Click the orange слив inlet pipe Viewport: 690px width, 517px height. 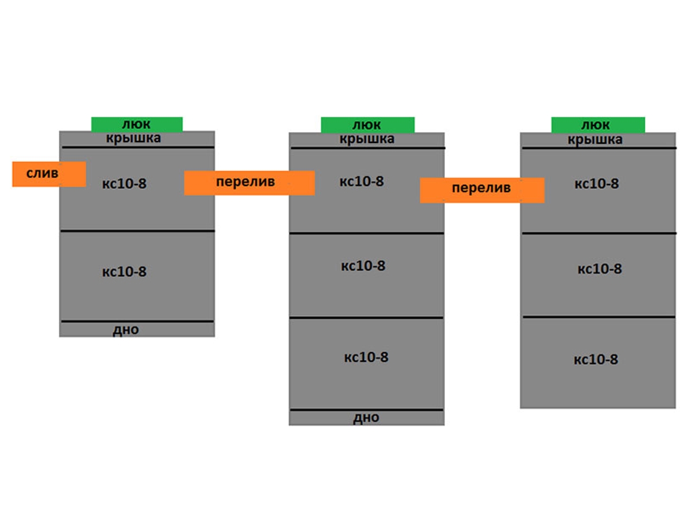[49, 173]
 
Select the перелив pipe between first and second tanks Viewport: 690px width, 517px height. [249, 183]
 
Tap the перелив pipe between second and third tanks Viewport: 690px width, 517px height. [482, 190]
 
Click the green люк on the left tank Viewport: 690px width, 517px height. [137, 124]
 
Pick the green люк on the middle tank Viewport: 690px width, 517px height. [367, 125]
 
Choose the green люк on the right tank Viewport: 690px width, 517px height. [597, 125]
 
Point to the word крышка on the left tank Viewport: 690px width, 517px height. [133, 138]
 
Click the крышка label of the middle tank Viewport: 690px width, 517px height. [366, 139]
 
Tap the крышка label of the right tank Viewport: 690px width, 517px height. [595, 140]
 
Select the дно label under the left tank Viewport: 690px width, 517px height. [126, 330]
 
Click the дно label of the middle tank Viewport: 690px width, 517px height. [366, 418]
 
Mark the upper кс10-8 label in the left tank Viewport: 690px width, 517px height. [124, 184]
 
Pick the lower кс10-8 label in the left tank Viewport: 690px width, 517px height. [124, 272]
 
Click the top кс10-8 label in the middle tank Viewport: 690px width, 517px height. [362, 182]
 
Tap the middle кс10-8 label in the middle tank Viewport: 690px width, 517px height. [363, 266]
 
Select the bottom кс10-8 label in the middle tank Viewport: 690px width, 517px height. [366, 357]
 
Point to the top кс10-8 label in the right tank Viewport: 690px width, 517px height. [597, 184]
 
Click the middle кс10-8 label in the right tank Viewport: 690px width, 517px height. [600, 269]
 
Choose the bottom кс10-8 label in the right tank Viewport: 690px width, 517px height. [596, 360]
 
